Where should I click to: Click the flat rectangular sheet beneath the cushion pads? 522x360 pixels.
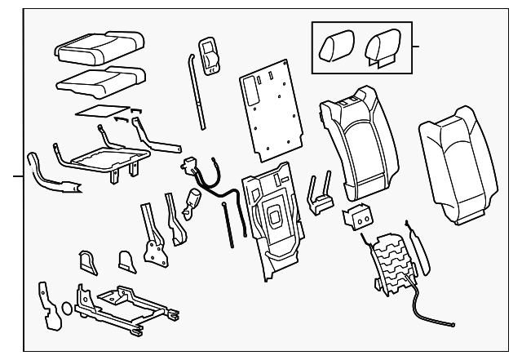coord(102,109)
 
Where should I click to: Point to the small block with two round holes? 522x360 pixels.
coord(356,216)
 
